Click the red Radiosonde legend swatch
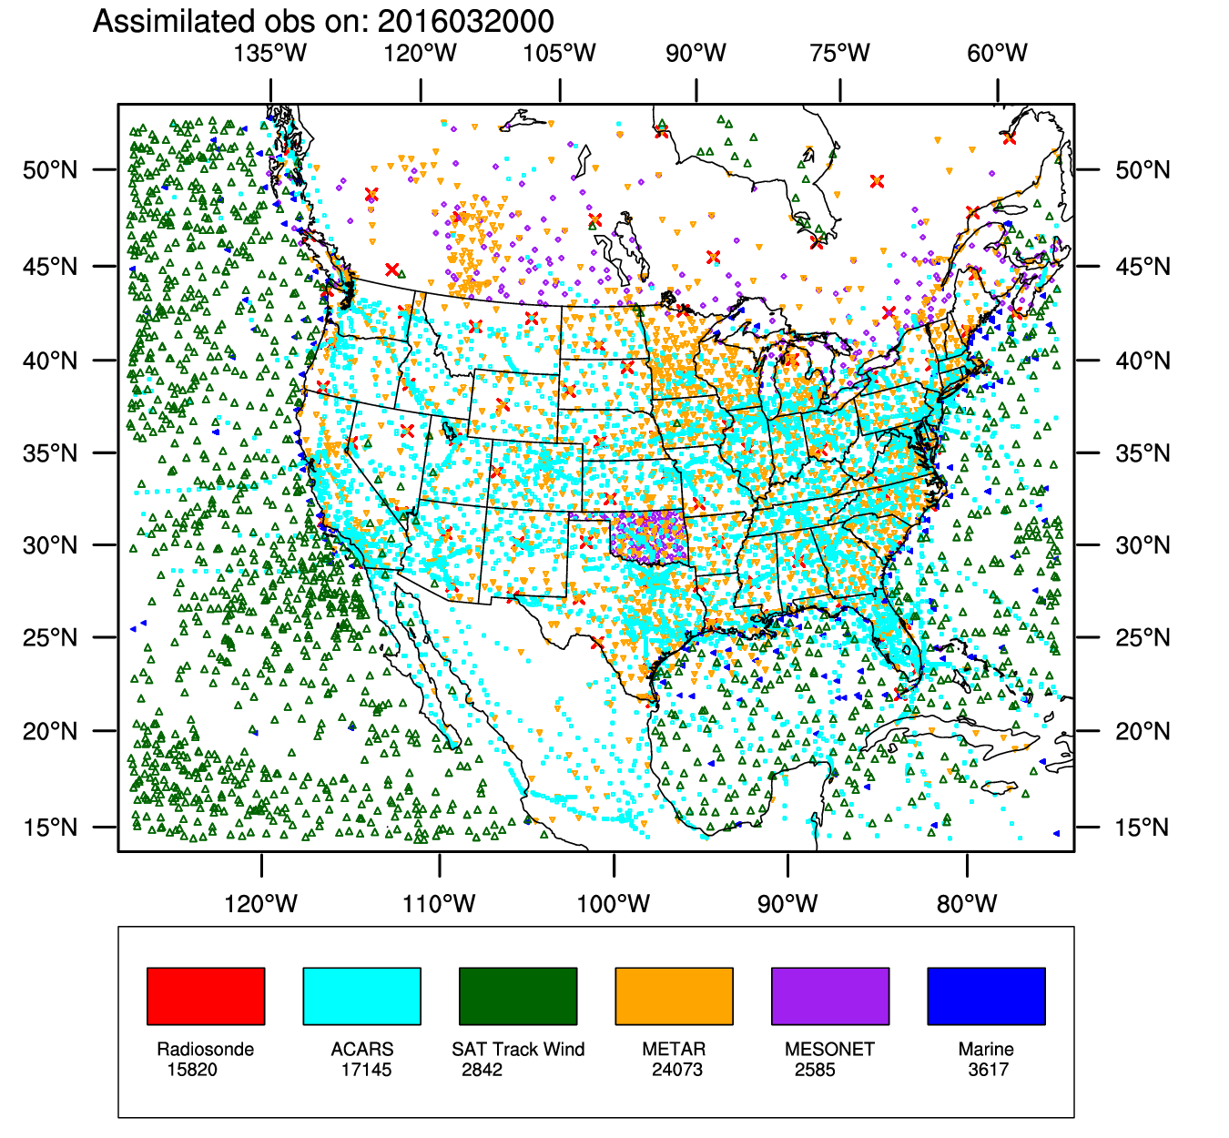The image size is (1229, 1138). (206, 996)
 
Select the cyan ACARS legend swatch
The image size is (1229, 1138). (361, 996)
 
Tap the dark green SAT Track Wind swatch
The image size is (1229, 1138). (518, 996)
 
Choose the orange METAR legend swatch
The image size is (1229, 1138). (674, 996)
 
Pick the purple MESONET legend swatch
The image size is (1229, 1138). (830, 996)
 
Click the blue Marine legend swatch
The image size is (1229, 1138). (986, 996)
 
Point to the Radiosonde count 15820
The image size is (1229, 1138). (192, 1070)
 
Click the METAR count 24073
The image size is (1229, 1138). (677, 1070)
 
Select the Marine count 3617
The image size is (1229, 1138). (989, 1070)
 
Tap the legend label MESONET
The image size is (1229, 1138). (829, 1050)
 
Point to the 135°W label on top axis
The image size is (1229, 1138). (270, 53)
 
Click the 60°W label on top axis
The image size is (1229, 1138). (997, 53)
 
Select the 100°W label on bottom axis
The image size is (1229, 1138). (614, 904)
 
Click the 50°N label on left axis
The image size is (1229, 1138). (50, 170)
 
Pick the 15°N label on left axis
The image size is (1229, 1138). (50, 828)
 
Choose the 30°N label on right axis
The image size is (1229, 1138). (1143, 545)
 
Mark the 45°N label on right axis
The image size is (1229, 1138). (1143, 267)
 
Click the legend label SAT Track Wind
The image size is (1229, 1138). (518, 1050)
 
